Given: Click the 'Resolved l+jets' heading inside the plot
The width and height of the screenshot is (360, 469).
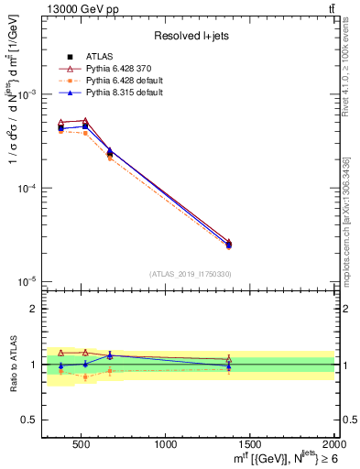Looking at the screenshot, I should click(x=190, y=37).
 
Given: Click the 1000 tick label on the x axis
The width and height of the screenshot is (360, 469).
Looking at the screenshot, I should click(x=166, y=444).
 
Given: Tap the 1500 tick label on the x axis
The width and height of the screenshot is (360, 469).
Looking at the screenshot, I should click(x=250, y=444).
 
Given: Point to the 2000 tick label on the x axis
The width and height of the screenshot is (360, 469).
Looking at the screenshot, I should click(x=333, y=444).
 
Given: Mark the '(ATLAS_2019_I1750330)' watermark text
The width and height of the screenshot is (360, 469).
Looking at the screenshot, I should click(x=190, y=274).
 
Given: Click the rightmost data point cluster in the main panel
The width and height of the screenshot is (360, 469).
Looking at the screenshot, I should click(x=229, y=244).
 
